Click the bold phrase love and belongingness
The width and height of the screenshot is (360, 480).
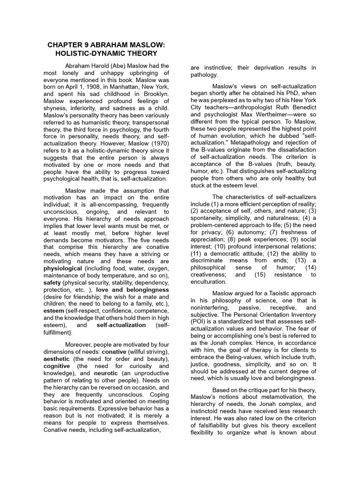coord(133,290)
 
